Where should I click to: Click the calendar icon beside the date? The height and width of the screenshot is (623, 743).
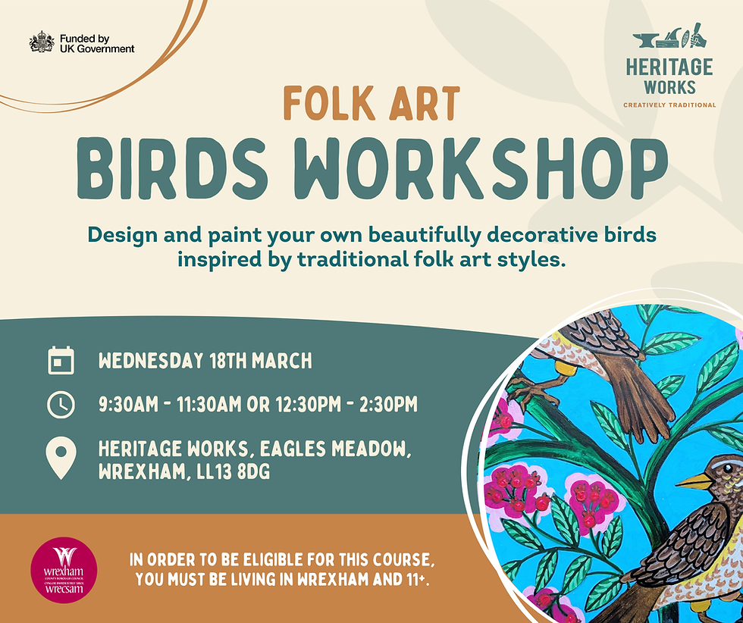click(x=61, y=361)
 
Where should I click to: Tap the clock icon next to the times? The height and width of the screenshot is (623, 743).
click(x=61, y=405)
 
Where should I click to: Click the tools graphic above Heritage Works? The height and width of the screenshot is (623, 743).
click(x=669, y=39)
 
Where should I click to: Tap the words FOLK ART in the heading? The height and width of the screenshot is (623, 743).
click(x=371, y=105)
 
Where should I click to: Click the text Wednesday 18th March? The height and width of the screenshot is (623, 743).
click(x=205, y=361)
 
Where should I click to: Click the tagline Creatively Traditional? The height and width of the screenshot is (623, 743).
click(x=669, y=105)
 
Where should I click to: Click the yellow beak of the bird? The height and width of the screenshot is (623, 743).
click(x=694, y=481)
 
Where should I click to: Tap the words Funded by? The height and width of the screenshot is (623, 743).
click(x=85, y=38)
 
